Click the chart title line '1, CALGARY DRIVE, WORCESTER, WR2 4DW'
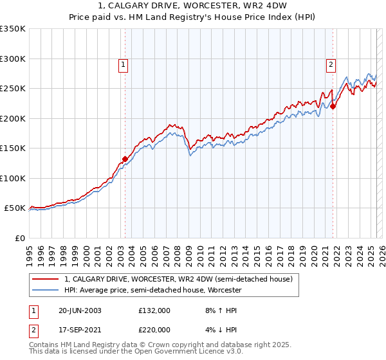click(193, 7)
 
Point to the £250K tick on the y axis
click(13, 89)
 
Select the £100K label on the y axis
click(13, 178)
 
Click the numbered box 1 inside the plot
click(123, 64)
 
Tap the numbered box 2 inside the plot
click(331, 64)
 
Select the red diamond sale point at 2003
click(125, 159)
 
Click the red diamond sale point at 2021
click(333, 106)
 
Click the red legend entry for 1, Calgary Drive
click(178, 279)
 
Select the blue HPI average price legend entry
click(152, 291)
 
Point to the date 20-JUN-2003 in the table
click(80, 310)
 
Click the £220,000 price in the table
click(154, 329)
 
